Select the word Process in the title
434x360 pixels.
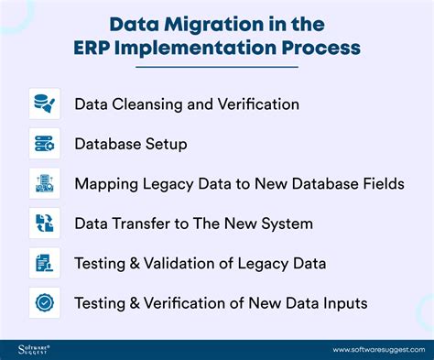click(318, 46)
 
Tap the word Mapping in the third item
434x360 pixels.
click(106, 184)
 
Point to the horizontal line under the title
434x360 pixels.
click(216, 67)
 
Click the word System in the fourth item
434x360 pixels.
click(288, 224)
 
